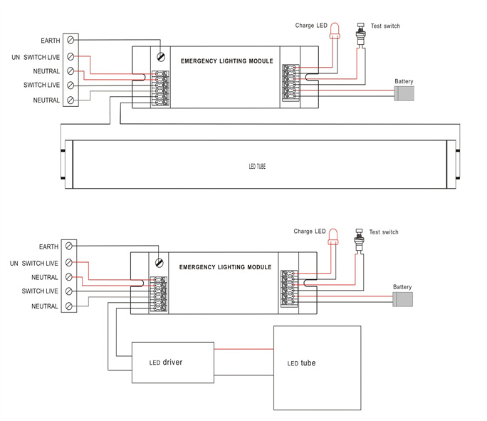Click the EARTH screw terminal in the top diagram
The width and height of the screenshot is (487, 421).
point(70,40)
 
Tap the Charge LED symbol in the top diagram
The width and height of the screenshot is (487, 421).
point(335,31)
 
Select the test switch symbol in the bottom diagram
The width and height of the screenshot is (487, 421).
point(359,239)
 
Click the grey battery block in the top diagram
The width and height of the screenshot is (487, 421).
point(404,93)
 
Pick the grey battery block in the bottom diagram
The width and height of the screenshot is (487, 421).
point(402,299)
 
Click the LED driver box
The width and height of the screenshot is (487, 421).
point(173,363)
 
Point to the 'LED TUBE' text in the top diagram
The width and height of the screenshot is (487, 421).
point(257,167)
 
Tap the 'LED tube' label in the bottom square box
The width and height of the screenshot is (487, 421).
point(301,363)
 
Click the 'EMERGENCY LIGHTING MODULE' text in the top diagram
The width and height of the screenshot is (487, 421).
point(227,61)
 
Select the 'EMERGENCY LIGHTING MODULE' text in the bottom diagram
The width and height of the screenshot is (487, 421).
point(225,267)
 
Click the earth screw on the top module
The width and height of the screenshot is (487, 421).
point(161,57)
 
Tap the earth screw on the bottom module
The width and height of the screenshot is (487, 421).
point(159,263)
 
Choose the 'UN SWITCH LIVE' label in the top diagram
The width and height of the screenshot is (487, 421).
point(36,58)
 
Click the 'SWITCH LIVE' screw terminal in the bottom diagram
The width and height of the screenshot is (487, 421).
point(69,291)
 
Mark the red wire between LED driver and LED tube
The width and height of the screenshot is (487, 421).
point(243,349)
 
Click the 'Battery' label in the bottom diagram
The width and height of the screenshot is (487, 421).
point(402,287)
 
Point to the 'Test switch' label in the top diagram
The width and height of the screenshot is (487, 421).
point(385,26)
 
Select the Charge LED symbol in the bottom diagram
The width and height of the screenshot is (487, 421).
point(333,237)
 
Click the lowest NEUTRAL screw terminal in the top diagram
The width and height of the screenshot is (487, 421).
point(70,100)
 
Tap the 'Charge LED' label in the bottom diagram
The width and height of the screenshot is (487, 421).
point(310,232)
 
